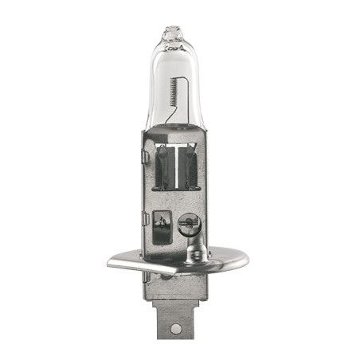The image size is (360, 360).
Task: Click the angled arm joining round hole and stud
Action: pyautogui.click(x=190, y=240)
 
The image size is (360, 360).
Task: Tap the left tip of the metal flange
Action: pyautogui.click(x=112, y=262)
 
